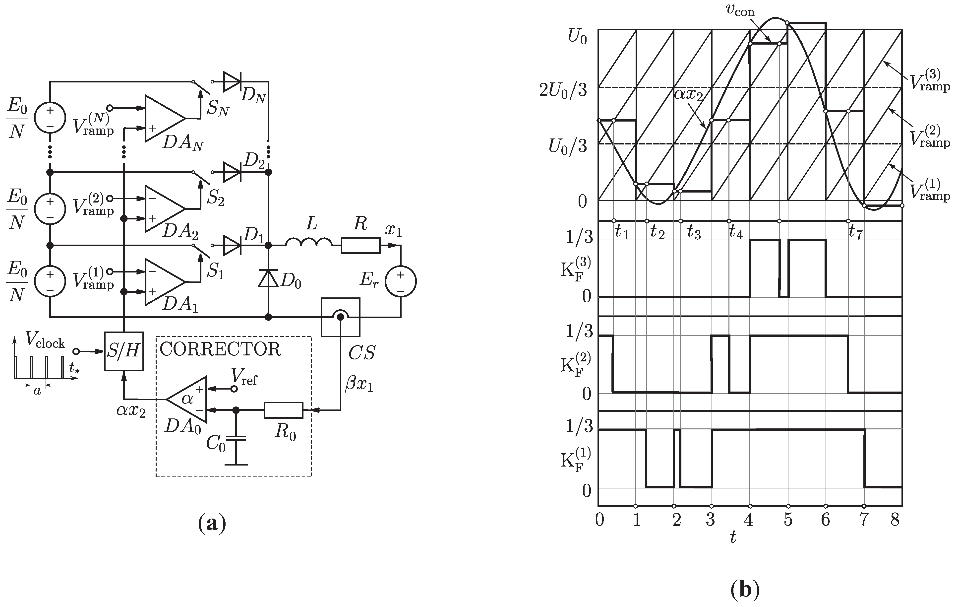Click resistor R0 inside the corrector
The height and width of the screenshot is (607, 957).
283,410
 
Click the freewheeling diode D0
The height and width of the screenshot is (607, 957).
268,278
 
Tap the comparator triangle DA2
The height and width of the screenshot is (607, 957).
163,209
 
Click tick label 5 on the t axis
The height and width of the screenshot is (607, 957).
788,520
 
